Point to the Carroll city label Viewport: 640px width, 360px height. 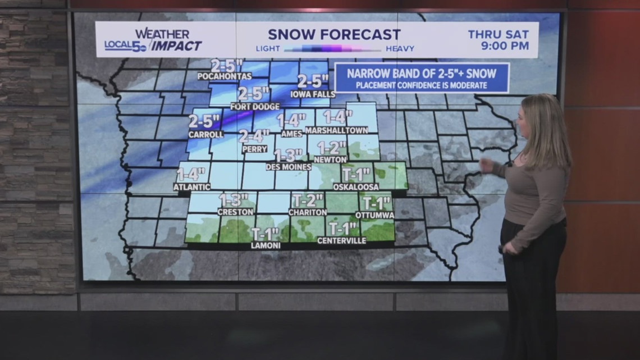tap(205, 135)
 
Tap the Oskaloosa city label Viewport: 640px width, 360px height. tap(356, 186)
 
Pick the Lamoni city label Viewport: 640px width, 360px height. tap(266, 245)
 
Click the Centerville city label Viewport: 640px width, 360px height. tap(341, 241)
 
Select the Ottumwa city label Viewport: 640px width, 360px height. tap(374, 215)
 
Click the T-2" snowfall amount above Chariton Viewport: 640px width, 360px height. tap(308, 200)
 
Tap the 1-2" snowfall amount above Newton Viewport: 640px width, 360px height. tap(332, 148)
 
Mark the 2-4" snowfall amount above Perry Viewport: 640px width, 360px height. tap(254, 136)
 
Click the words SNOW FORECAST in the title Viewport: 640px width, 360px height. tap(334, 34)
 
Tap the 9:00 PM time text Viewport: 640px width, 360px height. tap(505, 46)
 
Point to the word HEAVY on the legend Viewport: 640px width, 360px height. tap(400, 49)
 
